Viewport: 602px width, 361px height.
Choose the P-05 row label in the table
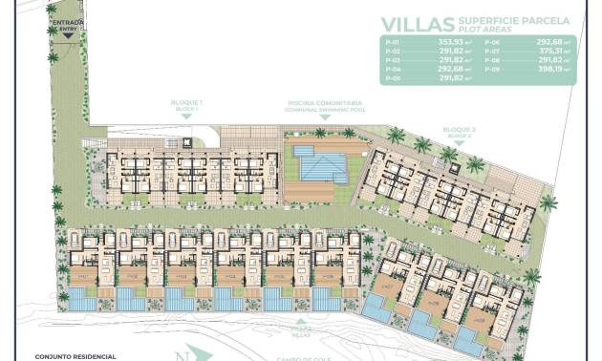(389, 79)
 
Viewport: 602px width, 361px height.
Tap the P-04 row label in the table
(389, 71)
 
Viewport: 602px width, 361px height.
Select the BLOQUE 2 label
(459, 129)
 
